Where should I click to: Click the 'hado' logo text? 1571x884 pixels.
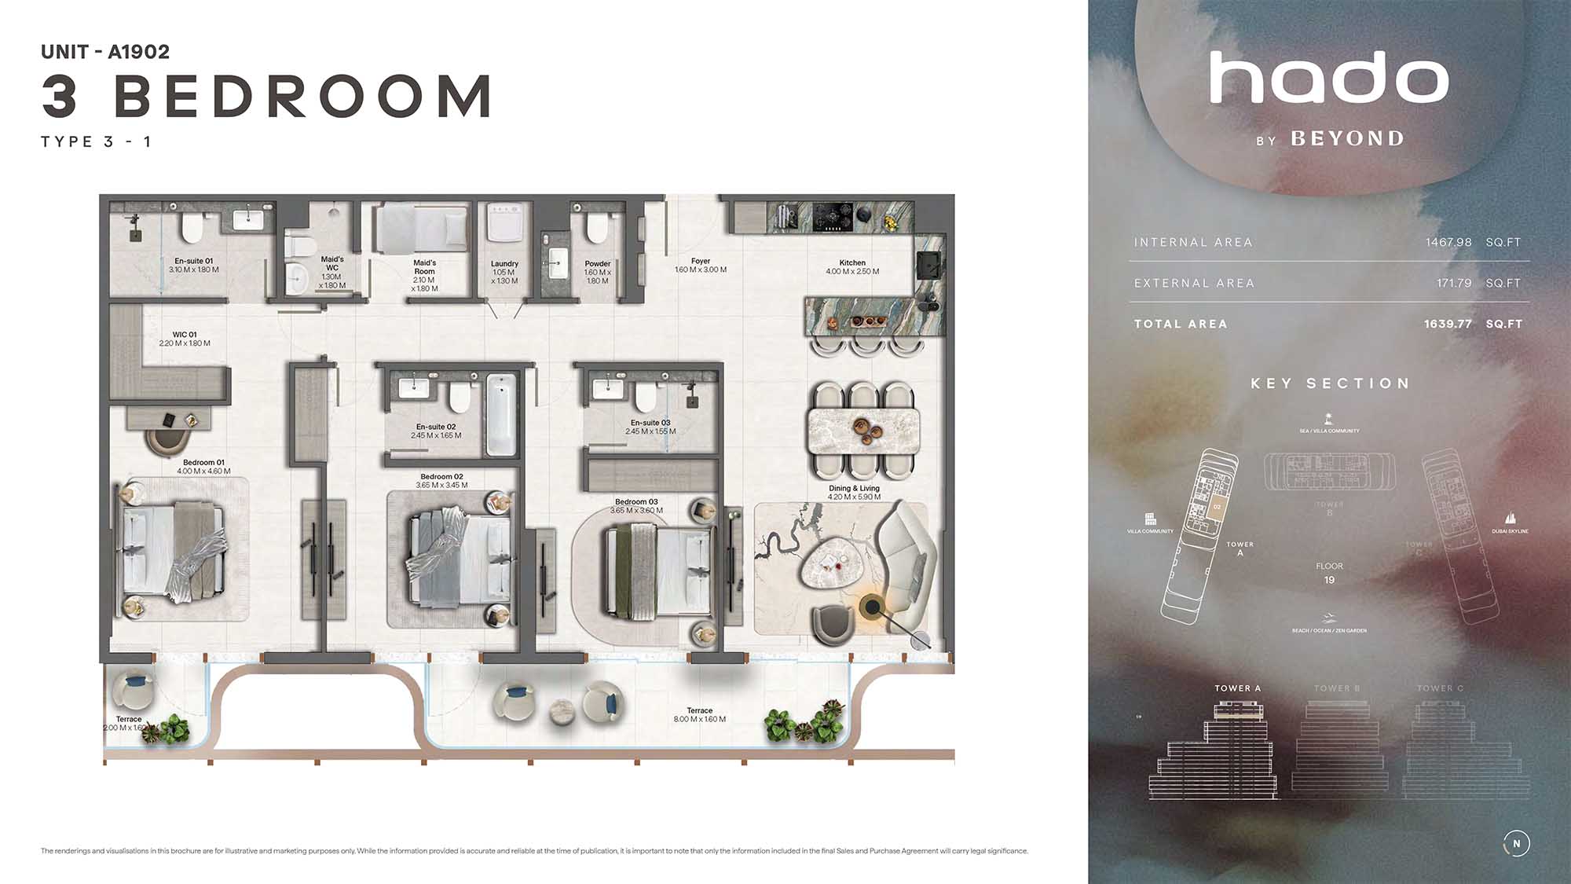click(x=1328, y=79)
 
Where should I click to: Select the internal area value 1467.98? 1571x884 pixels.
click(x=1448, y=242)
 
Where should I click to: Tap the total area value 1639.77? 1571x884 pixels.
click(x=1447, y=324)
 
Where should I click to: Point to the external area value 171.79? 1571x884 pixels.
click(x=1453, y=283)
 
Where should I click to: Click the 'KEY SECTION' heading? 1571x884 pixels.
click(x=1330, y=383)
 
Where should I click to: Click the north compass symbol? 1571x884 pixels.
click(x=1516, y=844)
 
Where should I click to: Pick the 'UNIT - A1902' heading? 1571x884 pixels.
click(x=105, y=52)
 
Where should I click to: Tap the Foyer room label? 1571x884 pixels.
click(x=700, y=262)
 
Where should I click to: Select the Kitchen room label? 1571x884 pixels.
click(x=852, y=263)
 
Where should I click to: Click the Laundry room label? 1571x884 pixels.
click(x=504, y=264)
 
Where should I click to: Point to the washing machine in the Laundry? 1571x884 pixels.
click(x=504, y=222)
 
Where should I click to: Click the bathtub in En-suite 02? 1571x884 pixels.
click(x=500, y=414)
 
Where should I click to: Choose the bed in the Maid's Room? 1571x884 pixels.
click(x=422, y=228)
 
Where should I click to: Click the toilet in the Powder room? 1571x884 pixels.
click(x=597, y=227)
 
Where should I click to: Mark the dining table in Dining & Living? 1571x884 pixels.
click(x=862, y=431)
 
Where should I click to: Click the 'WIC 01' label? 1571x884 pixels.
click(x=185, y=335)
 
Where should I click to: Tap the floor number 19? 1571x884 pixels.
click(x=1329, y=580)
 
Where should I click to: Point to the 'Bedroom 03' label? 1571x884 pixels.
click(x=636, y=502)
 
